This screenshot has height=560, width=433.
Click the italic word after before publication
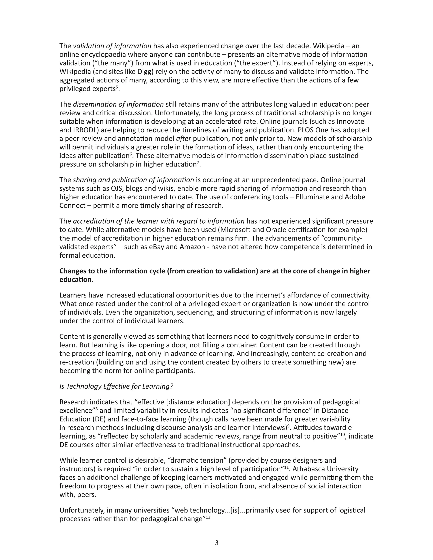click(183, 139)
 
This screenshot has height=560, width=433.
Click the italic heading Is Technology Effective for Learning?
click(116, 386)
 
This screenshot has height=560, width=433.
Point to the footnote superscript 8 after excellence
click(97, 409)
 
